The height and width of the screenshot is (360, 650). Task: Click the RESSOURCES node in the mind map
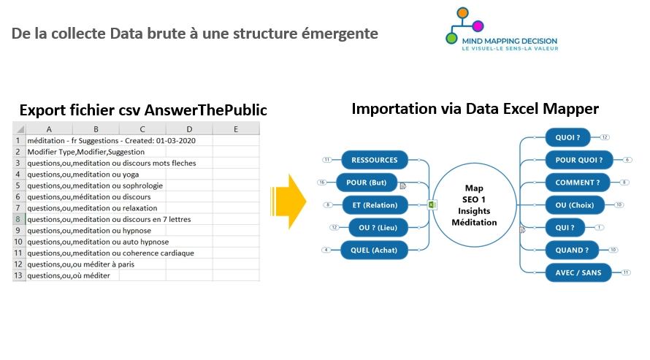[375, 160]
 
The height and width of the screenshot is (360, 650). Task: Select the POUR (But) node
[367, 183]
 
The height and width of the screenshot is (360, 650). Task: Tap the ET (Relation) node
[375, 205]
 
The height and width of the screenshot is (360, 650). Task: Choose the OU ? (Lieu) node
[378, 227]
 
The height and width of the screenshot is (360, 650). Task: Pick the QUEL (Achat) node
[374, 250]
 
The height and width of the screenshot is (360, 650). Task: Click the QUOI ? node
[567, 137]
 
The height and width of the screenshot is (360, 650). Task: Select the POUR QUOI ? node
[578, 160]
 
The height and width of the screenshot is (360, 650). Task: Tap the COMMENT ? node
[578, 183]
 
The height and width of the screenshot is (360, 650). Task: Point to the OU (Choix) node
[575, 205]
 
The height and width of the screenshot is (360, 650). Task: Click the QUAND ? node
[572, 250]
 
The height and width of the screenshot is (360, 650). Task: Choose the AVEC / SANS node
[578, 272]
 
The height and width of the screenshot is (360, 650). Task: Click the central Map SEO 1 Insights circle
[474, 205]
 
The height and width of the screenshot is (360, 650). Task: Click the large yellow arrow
[288, 202]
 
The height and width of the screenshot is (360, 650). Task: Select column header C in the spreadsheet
[142, 129]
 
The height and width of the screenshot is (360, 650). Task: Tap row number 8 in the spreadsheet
[18, 219]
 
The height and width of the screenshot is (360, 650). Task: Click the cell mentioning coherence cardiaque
[111, 253]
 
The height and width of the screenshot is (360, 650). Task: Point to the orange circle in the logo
[462, 13]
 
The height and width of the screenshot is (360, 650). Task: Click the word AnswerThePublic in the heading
[206, 110]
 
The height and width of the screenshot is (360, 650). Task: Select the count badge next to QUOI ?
[605, 137]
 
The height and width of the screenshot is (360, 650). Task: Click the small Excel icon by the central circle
[432, 204]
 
